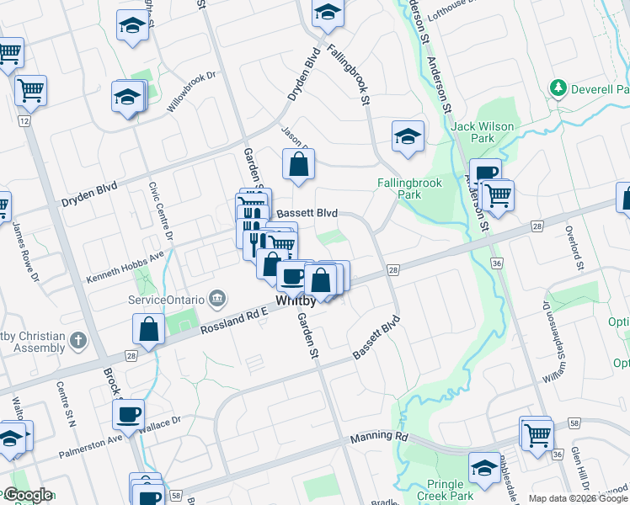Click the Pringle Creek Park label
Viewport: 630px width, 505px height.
coord(445,491)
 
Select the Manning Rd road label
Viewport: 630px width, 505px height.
coord(378,437)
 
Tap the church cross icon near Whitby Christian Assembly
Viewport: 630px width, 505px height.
coord(77,341)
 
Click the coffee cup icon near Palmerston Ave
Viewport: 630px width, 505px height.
coord(129,414)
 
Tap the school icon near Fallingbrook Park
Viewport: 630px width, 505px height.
coord(408,136)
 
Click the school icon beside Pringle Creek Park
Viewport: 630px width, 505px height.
coord(484,467)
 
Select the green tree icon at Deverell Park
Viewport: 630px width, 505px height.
coord(557,87)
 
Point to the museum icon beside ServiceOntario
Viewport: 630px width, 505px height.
coord(217,298)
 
